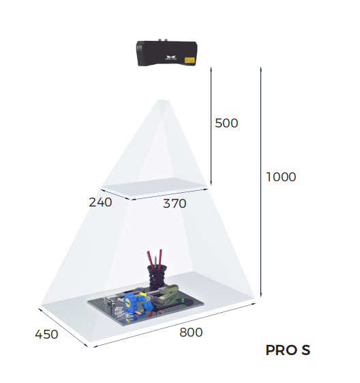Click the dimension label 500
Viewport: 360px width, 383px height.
(x=226, y=123)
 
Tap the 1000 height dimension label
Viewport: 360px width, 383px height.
(x=281, y=177)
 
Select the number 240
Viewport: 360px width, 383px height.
(x=100, y=202)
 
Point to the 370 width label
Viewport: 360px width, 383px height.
(x=175, y=203)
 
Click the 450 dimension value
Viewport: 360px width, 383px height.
(x=46, y=334)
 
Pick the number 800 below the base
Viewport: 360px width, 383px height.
(x=191, y=333)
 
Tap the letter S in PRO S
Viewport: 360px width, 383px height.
(x=305, y=350)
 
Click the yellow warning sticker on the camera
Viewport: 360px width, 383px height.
(x=190, y=60)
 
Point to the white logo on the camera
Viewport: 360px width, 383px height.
(x=171, y=58)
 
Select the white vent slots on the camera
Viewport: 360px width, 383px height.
(x=139, y=48)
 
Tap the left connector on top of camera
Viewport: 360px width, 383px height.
(x=160, y=40)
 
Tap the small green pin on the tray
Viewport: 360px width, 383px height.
(x=183, y=300)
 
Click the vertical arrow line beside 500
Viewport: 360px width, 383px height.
(x=211, y=126)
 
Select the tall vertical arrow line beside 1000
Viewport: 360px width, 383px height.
(x=260, y=182)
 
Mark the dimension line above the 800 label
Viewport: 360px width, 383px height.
(x=175, y=325)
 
